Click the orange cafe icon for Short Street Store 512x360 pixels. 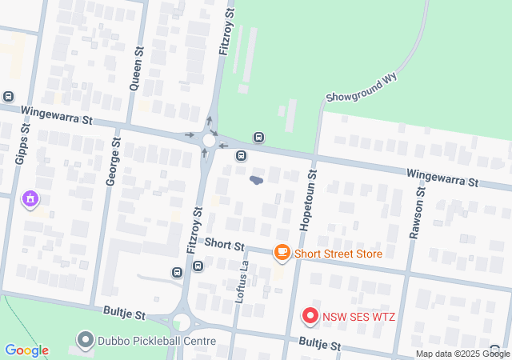282,253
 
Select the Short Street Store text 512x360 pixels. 338,254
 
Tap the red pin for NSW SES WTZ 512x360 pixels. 310,316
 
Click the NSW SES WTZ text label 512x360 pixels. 359,317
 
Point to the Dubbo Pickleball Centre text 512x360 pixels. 157,341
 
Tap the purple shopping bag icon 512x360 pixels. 31,198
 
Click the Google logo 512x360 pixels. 26,350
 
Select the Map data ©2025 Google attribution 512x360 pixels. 462,354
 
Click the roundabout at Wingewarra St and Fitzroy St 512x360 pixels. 209,141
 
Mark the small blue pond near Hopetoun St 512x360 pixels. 256,180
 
